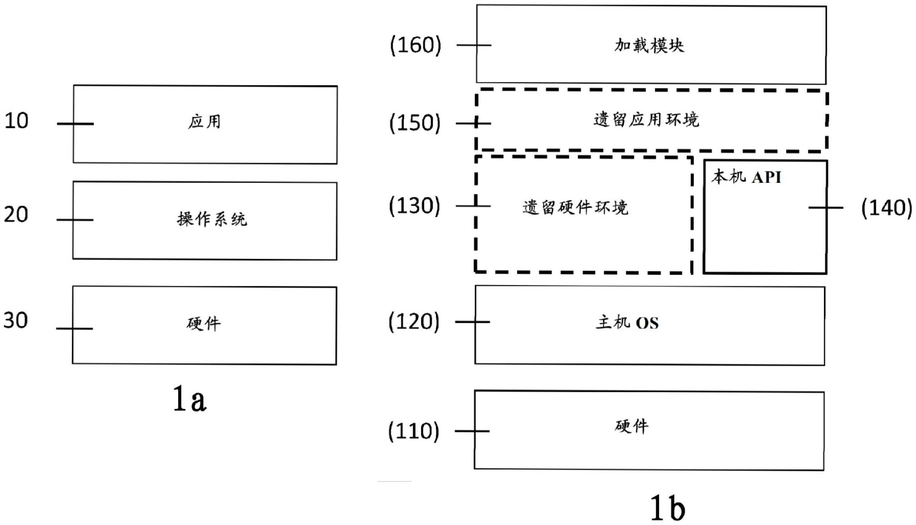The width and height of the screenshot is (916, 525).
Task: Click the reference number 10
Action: click(17, 121)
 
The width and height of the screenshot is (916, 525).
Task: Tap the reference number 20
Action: click(16, 215)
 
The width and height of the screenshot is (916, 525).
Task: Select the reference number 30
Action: click(16, 320)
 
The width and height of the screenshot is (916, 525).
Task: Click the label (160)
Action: click(415, 45)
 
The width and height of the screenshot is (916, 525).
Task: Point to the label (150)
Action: click(414, 123)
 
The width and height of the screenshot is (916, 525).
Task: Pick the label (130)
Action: click(414, 206)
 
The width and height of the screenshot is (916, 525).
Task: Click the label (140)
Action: click(886, 208)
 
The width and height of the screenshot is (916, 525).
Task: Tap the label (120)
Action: click(414, 321)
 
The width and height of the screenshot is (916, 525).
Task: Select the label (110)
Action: click(414, 431)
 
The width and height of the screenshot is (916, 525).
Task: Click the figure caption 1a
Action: click(190, 399)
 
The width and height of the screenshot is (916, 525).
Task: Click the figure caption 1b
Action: click(667, 508)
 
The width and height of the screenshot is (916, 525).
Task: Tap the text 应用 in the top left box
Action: click(204, 122)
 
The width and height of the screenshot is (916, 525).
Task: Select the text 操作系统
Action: click(212, 219)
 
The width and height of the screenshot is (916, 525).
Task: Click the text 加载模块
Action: click(649, 45)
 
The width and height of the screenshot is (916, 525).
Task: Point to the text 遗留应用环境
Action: click(646, 120)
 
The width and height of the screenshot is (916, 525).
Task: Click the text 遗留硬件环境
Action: click(575, 207)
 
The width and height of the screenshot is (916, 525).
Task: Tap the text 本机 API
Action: click(746, 177)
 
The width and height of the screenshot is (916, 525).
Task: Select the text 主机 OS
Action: click(627, 322)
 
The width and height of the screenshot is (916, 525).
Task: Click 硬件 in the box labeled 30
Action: click(203, 323)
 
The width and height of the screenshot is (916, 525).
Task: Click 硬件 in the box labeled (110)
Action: click(631, 426)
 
